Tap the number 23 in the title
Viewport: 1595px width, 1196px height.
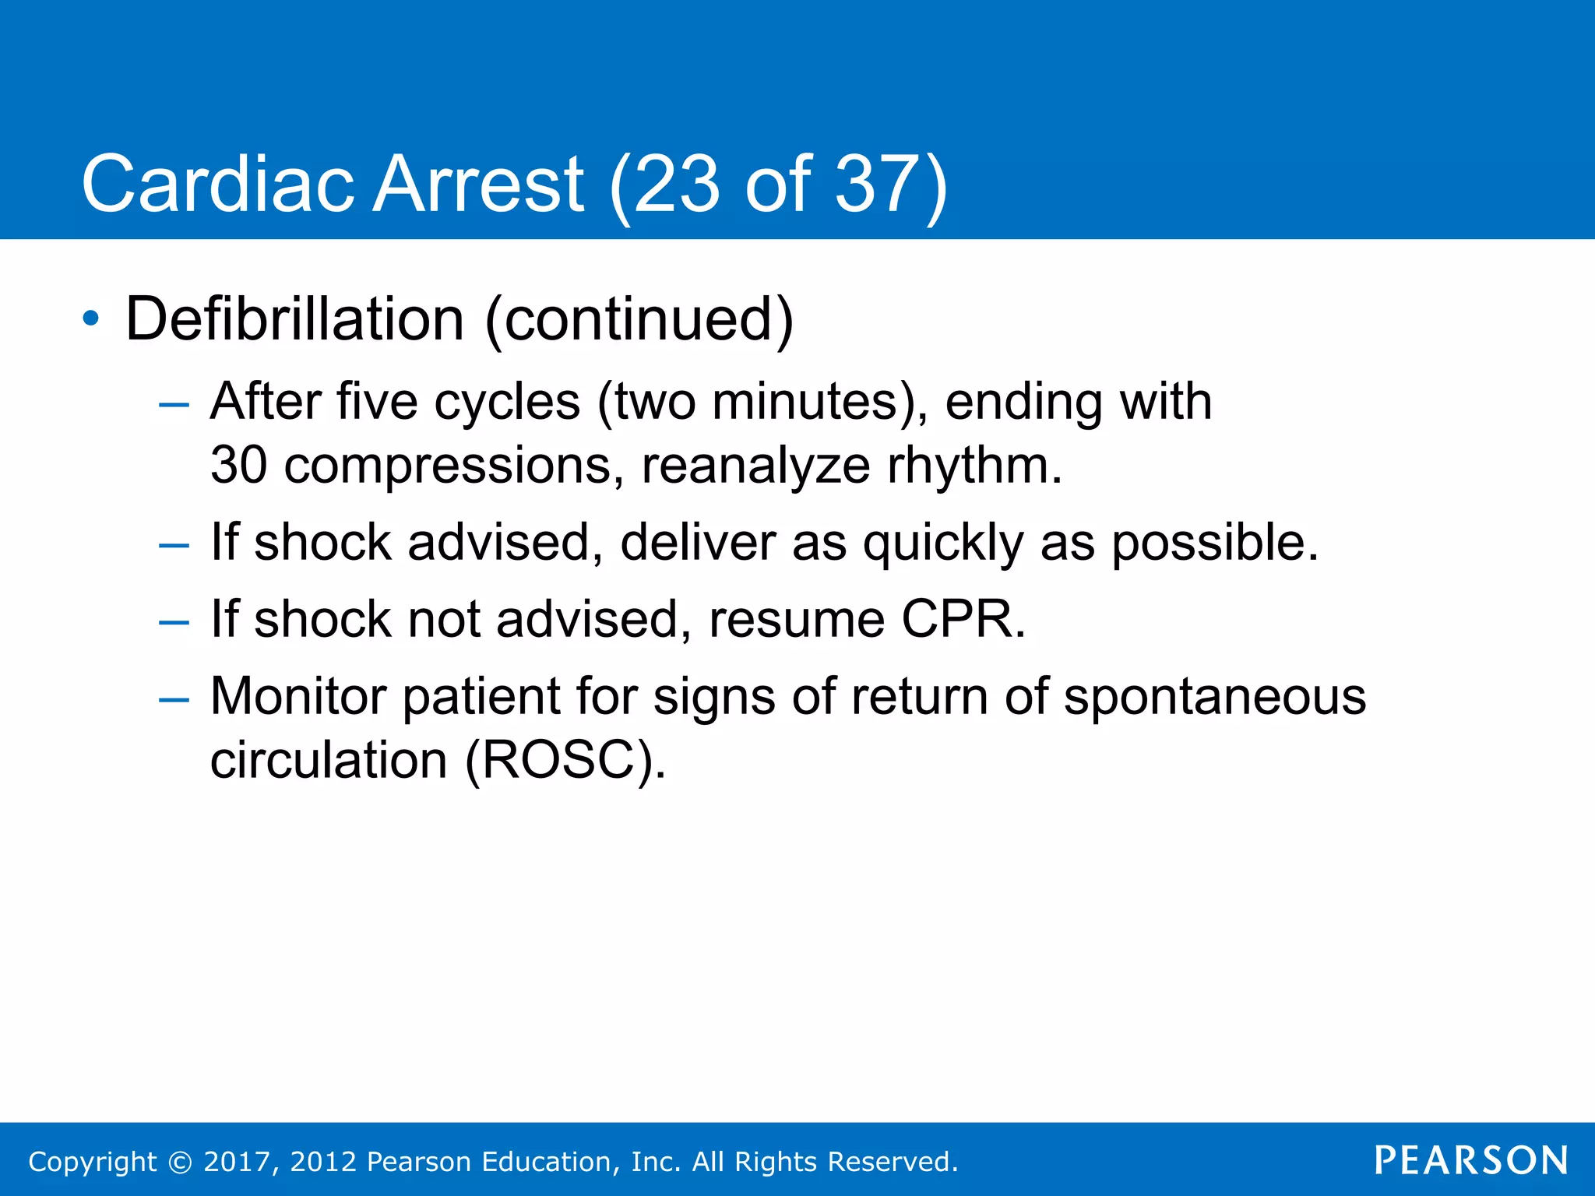676,185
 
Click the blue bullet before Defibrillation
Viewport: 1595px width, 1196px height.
91,318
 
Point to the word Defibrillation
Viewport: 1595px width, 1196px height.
295,318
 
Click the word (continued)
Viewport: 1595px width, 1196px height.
639,318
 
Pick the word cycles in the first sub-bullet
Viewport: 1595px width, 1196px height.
507,403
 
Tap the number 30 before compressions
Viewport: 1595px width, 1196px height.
238,466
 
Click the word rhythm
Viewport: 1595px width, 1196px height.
974,466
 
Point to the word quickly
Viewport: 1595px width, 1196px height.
943,543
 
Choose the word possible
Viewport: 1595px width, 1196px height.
1214,543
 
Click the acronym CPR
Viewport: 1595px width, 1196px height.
963,620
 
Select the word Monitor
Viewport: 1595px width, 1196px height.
298,695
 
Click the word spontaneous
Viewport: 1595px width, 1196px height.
1215,697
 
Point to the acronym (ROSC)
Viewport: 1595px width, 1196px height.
565,760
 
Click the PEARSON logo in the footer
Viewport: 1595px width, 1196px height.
1471,1160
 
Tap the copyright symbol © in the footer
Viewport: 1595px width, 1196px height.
180,1162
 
